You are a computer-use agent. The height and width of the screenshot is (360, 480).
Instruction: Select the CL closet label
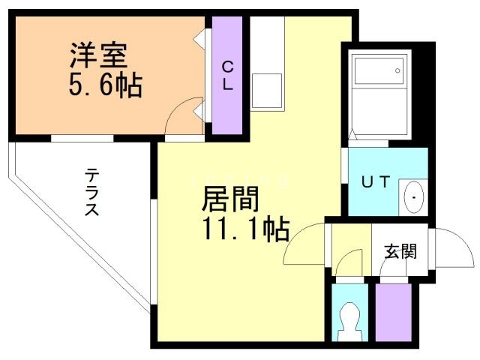[x=227, y=75]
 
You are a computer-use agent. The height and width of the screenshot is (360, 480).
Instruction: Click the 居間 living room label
[x=229, y=199]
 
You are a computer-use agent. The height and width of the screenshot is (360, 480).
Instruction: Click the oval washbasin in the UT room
[x=415, y=197]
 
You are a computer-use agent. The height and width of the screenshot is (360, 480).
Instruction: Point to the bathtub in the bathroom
[x=380, y=72]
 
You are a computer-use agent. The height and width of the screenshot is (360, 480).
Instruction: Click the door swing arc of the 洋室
[x=180, y=116]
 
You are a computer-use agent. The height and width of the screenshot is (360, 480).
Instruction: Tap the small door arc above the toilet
[x=347, y=266]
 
